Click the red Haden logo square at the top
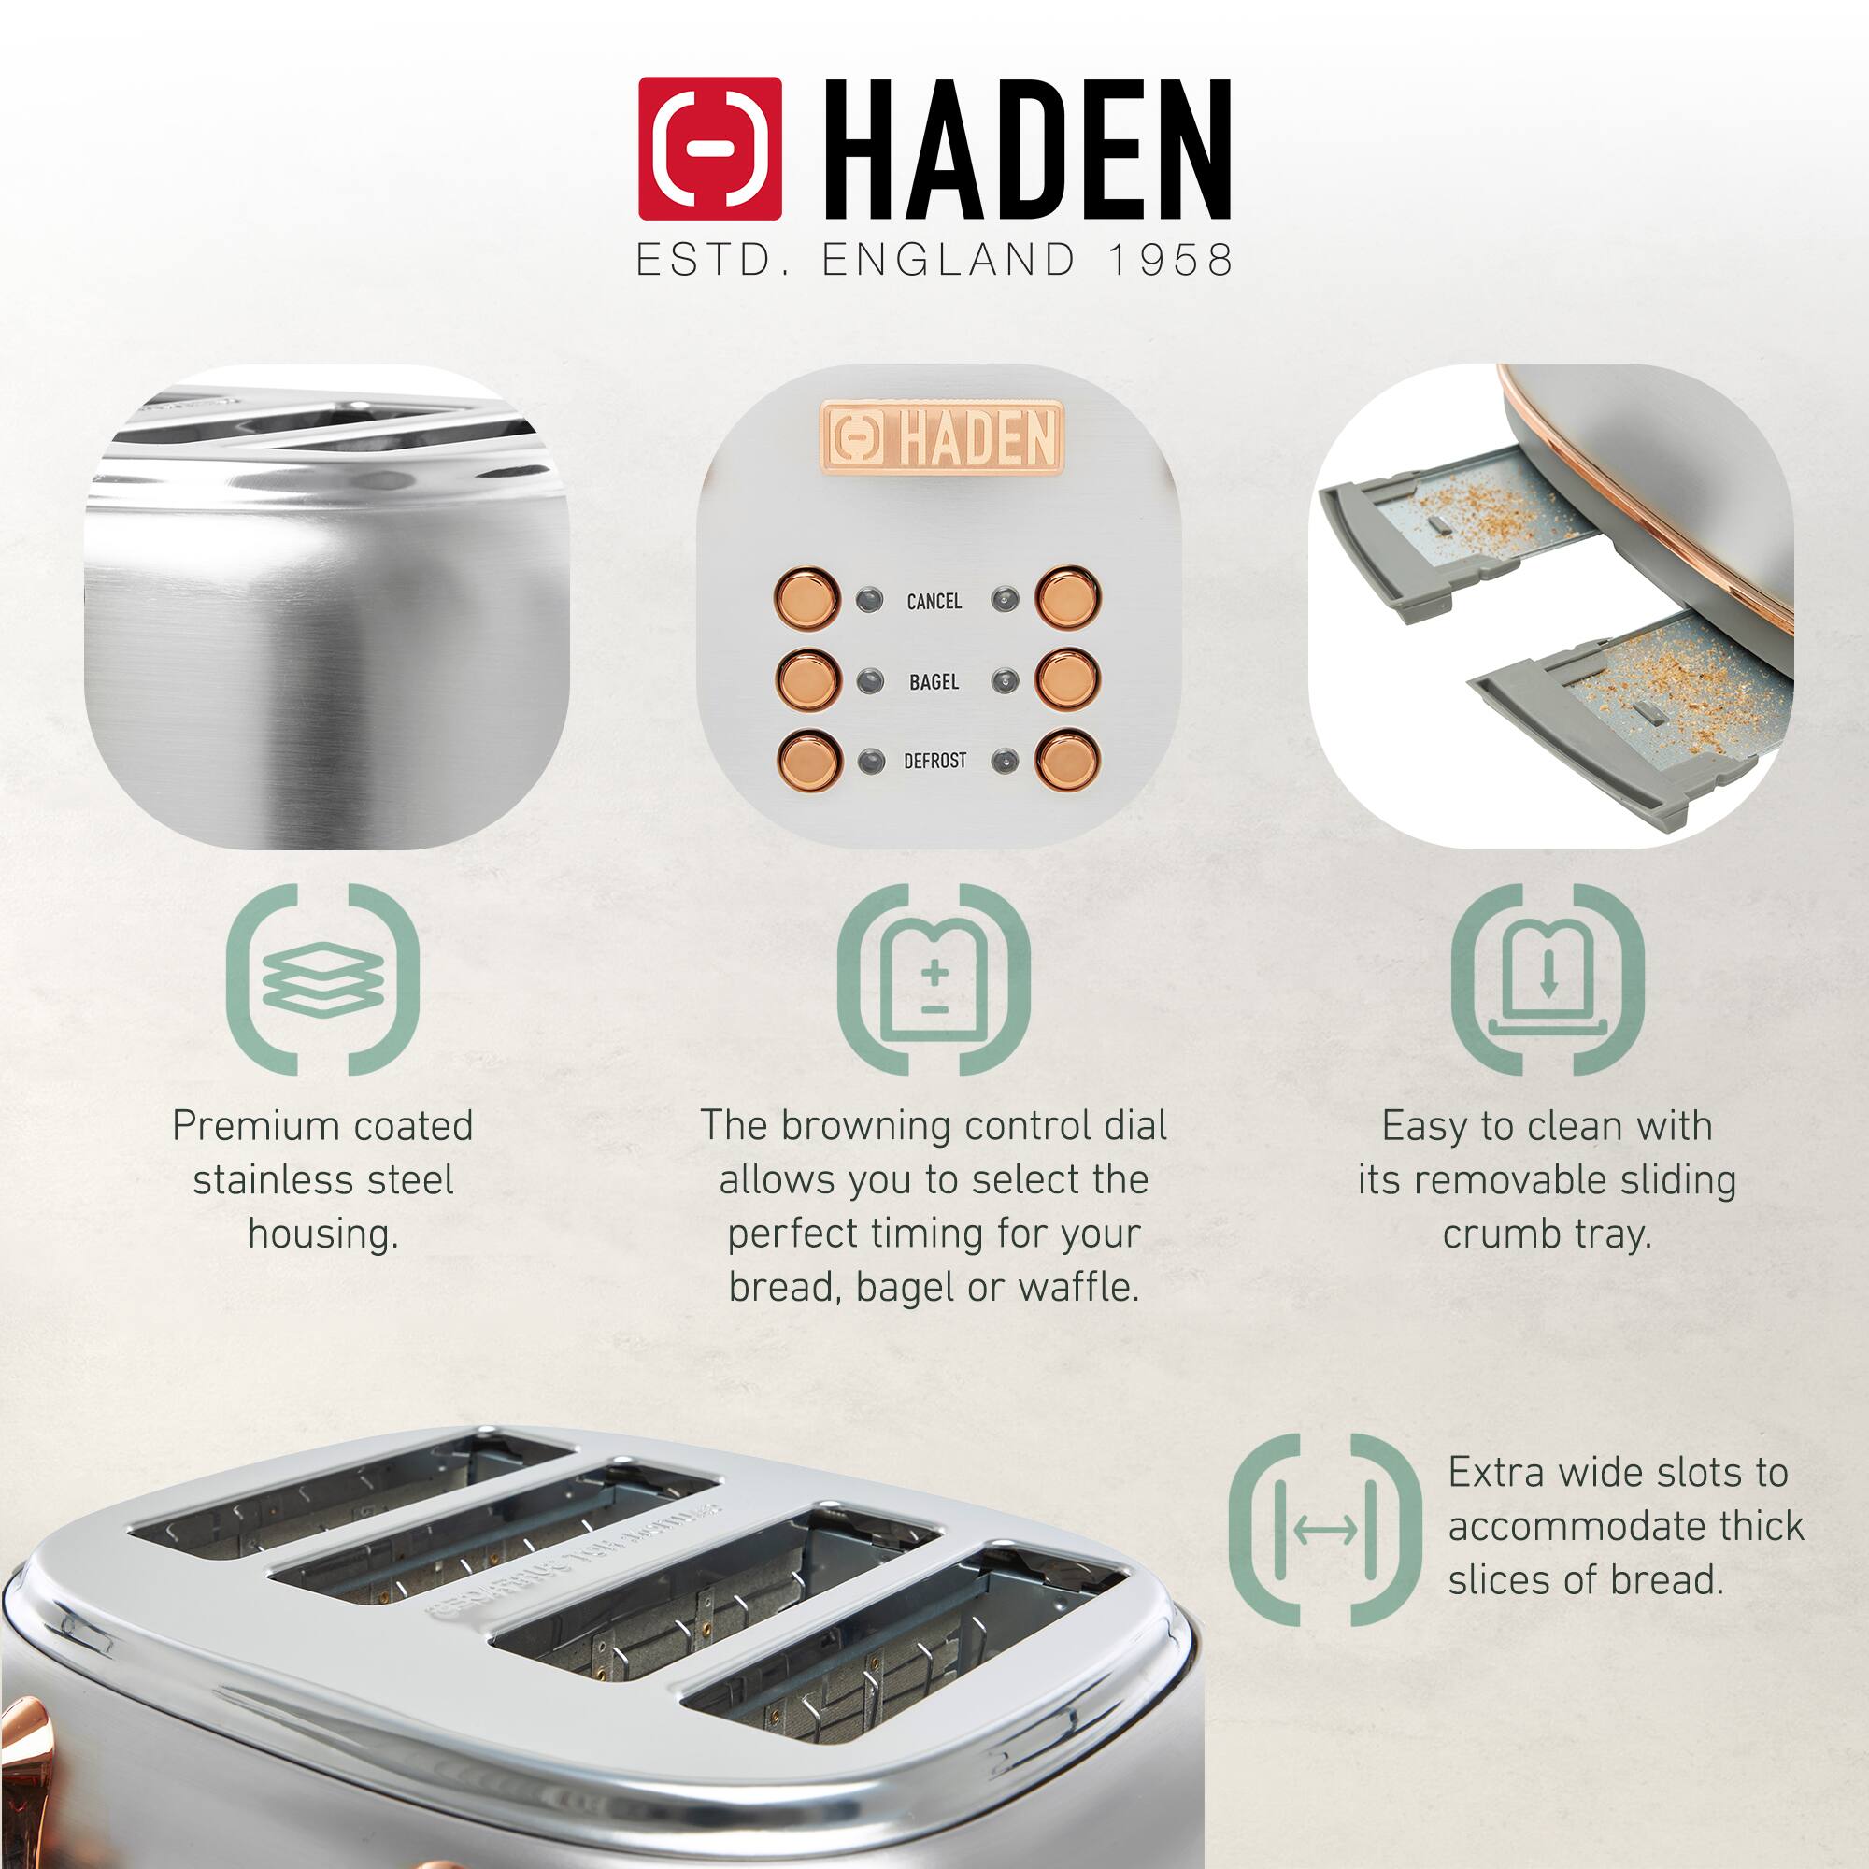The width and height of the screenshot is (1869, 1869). (709, 148)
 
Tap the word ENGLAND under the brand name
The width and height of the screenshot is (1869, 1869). (947, 260)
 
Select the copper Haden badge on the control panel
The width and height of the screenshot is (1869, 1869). (941, 438)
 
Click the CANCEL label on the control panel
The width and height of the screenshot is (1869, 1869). (934, 602)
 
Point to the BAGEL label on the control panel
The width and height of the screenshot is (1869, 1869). (934, 682)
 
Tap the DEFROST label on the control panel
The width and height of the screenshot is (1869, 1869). (934, 762)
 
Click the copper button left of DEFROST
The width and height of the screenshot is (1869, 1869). (806, 760)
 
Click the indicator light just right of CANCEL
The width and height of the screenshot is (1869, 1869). (1006, 600)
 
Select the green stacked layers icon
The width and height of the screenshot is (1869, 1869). (323, 978)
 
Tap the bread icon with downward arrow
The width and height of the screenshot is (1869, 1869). (1547, 978)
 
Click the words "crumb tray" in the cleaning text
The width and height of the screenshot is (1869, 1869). (1547, 1234)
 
